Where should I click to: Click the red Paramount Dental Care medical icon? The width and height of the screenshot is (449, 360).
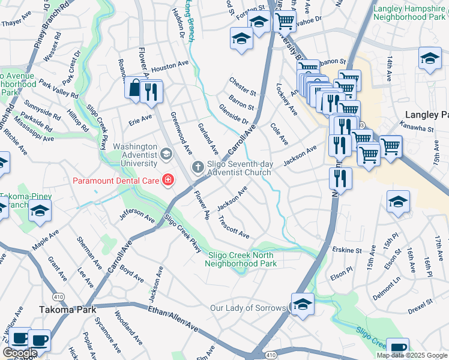[168, 179]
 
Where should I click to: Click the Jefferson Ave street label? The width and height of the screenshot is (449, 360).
[136, 215]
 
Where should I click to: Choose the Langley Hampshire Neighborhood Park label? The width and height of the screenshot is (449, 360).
[409, 13]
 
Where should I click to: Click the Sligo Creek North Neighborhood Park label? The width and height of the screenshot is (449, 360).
[242, 259]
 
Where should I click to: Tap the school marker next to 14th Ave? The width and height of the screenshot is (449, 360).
[429, 59]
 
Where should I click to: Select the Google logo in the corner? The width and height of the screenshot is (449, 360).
[20, 353]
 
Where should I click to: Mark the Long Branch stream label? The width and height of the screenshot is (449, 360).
[190, 21]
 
